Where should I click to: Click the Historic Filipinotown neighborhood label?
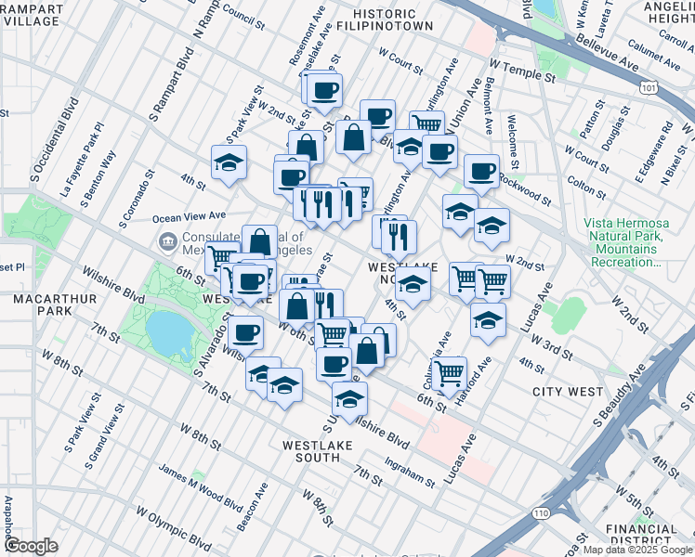point(394,20)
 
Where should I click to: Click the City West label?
point(568,392)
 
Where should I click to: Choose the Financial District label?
point(642,536)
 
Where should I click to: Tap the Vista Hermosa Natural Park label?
point(623,243)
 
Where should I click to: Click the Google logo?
point(31,546)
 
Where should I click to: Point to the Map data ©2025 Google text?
point(637,550)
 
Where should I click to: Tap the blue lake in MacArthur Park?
point(164,330)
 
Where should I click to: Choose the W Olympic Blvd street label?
point(173,525)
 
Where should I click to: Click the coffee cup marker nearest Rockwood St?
point(481,171)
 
